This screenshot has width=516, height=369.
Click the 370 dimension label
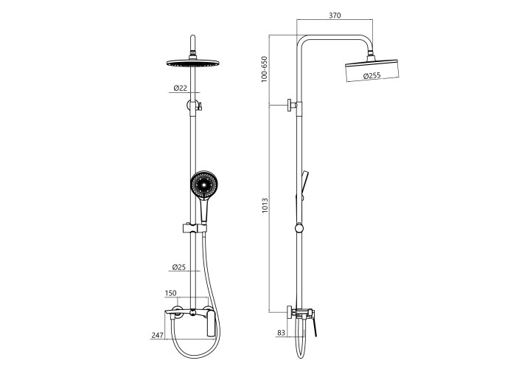click(335, 15)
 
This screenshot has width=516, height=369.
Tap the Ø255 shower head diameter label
click(372, 75)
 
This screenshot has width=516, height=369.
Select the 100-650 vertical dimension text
click(264, 69)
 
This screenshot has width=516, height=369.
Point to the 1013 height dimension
click(265, 206)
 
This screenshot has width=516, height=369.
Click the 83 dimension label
click(281, 333)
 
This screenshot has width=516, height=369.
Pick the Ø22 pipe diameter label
click(181, 88)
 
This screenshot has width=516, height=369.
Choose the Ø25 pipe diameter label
click(179, 267)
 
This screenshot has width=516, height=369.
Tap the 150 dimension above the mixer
click(170, 293)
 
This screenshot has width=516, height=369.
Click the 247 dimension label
click(157, 335)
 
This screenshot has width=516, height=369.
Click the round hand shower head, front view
click(203, 184)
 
